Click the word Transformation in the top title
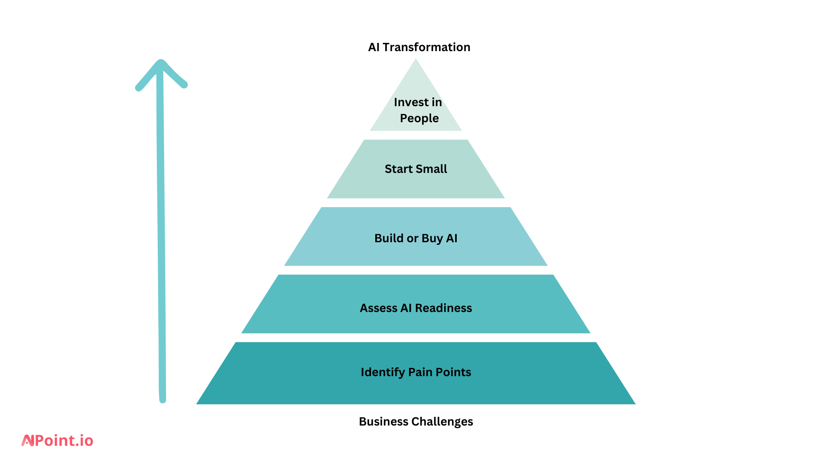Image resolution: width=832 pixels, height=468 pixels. (x=426, y=47)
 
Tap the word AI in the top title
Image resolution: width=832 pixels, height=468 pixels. (x=374, y=47)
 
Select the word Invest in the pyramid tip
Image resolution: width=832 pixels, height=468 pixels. (x=411, y=102)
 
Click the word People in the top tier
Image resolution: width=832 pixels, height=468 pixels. (x=419, y=118)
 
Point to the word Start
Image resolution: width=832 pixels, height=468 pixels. (x=398, y=169)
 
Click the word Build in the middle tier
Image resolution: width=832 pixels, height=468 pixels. (x=389, y=238)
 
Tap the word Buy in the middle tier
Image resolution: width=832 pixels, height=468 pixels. (x=432, y=239)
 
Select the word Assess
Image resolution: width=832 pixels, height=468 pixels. (x=378, y=308)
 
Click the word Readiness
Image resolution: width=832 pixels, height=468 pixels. (x=443, y=308)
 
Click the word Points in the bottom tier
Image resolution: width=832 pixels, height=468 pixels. (x=453, y=372)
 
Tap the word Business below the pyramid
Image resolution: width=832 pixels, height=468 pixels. (x=383, y=422)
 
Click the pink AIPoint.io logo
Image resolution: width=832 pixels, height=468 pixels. (x=58, y=441)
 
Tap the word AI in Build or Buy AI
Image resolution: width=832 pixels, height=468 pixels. (x=452, y=238)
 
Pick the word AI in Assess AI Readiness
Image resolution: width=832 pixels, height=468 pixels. (x=406, y=308)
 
